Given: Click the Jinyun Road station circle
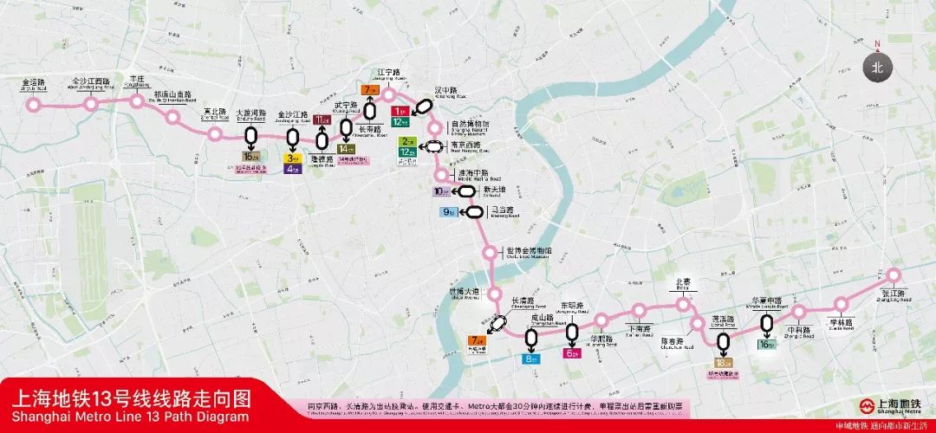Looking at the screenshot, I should (34, 105).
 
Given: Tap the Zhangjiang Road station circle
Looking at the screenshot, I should (894, 275).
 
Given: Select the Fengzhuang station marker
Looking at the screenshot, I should (136, 100).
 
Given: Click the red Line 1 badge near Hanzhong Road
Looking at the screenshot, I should (400, 112).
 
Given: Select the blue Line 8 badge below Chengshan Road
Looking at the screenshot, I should (530, 359).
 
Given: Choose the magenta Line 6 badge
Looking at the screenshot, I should (572, 353).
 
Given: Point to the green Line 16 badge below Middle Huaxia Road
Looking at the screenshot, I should (766, 344).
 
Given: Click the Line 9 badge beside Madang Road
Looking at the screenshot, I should (449, 211).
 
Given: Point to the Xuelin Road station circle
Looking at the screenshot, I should (841, 304).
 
